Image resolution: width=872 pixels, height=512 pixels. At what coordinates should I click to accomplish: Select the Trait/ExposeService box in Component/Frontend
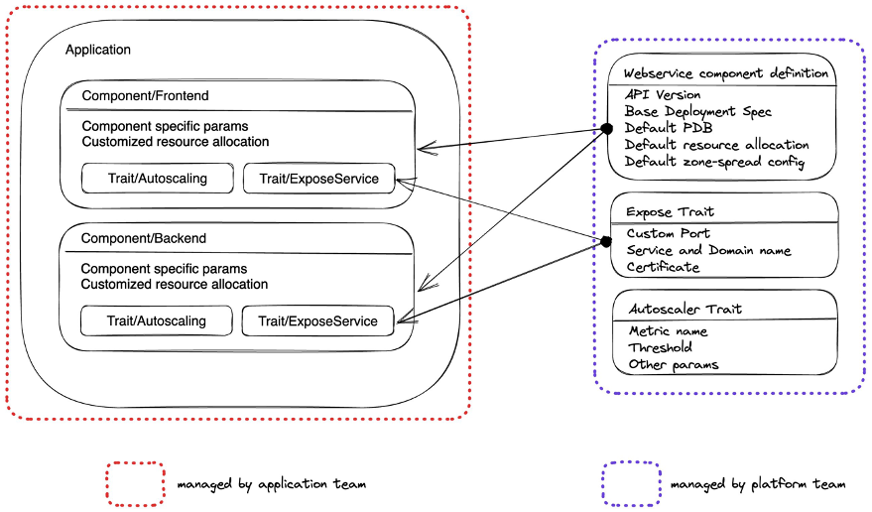point(318,179)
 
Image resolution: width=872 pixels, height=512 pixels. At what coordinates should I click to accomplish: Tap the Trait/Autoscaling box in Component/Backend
point(156,321)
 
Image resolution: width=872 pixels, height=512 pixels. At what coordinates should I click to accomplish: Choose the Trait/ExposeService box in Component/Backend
point(317,321)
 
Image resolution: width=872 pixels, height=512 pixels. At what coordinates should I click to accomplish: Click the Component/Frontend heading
point(145,96)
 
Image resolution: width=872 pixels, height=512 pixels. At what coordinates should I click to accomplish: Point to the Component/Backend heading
point(143,239)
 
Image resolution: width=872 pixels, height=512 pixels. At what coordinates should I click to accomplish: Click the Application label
point(97,50)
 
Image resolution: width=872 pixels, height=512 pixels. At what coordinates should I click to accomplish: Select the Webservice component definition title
point(725,74)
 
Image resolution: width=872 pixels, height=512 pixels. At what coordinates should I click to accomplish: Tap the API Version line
point(663,94)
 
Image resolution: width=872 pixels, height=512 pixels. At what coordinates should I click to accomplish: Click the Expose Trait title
point(670,212)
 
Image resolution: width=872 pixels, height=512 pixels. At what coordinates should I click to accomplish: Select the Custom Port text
point(668,233)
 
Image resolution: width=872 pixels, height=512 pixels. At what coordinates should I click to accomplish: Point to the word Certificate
point(664,267)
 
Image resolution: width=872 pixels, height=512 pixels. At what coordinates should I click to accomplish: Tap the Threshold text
point(660,347)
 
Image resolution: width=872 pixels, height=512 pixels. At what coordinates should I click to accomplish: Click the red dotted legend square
point(136,484)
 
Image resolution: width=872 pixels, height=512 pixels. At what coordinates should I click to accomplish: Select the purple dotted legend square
point(630,484)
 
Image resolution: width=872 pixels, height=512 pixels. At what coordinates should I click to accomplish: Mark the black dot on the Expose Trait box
point(605,241)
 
